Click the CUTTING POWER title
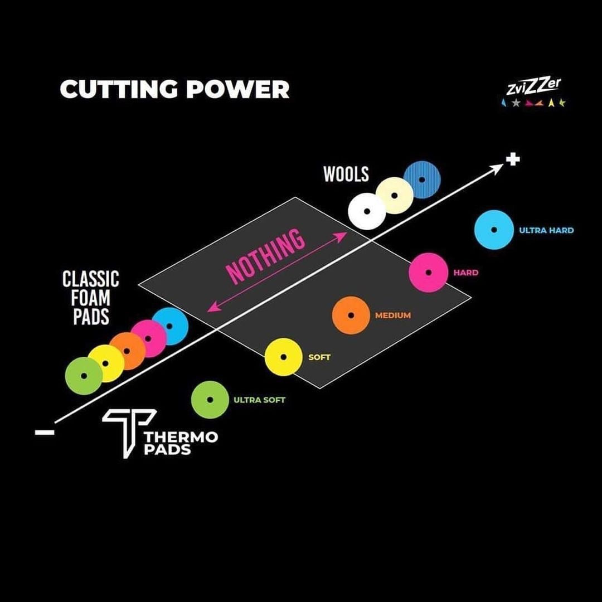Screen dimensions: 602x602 [x=174, y=89]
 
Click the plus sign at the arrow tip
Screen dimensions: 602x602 [x=513, y=159]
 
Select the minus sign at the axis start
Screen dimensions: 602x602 [x=44, y=431]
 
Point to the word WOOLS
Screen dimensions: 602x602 [x=346, y=174]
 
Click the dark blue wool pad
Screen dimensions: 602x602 [x=422, y=180]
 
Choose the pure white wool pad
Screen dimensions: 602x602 [x=367, y=212]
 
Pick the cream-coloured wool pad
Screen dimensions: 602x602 [x=394, y=196]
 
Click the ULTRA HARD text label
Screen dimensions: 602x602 [x=546, y=230]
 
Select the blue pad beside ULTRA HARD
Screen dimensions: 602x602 [x=493, y=230]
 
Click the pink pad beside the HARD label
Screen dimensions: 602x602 [x=428, y=273]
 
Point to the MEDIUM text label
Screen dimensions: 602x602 [x=392, y=315]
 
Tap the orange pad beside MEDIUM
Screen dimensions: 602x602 [x=351, y=315]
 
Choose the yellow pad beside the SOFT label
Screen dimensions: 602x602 [x=283, y=357]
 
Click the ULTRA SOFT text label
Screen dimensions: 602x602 [x=259, y=400]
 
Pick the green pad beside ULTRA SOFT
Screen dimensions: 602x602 [x=210, y=400]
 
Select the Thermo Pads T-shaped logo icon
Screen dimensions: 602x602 [x=128, y=431]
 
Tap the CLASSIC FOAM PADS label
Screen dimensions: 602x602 [x=90, y=298]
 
